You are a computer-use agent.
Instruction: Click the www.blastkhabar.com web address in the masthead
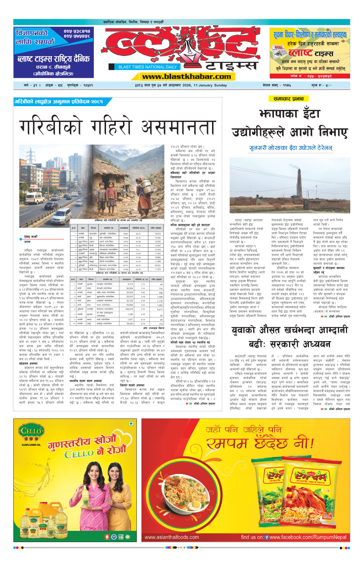(x=186, y=76)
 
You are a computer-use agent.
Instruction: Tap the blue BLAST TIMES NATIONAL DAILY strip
(x=147, y=67)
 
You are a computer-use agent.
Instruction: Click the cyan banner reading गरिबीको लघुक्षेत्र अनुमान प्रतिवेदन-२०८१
(x=60, y=102)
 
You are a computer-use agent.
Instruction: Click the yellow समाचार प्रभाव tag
(x=288, y=99)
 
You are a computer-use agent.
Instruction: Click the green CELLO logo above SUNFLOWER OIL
(x=31, y=431)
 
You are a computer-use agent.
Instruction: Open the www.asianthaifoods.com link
(x=172, y=537)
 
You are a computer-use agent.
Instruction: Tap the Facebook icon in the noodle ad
(x=267, y=537)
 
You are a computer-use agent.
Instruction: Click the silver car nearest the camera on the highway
(x=61, y=216)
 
